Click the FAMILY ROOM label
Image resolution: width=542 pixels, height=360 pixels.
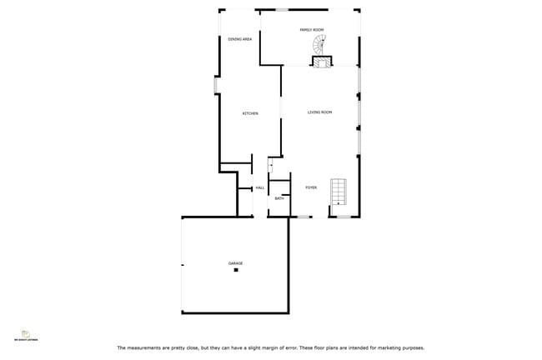[311, 30]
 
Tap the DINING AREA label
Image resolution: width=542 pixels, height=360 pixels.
[240, 39]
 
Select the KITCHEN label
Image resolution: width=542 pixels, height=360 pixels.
[250, 113]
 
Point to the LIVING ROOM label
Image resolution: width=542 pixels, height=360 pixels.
[319, 112]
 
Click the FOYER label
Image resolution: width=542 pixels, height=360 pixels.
[311, 187]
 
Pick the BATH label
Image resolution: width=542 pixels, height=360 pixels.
[279, 198]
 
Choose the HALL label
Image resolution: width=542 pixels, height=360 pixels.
[260, 188]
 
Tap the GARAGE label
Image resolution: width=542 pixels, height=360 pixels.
[236, 263]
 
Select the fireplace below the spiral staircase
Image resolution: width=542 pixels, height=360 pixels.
[322, 61]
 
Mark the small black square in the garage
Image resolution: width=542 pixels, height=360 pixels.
[236, 270]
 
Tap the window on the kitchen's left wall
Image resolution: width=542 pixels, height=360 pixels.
[215, 85]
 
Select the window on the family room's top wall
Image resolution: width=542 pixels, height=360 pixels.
[283, 10]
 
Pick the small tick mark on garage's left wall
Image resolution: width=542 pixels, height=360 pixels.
[183, 266]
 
